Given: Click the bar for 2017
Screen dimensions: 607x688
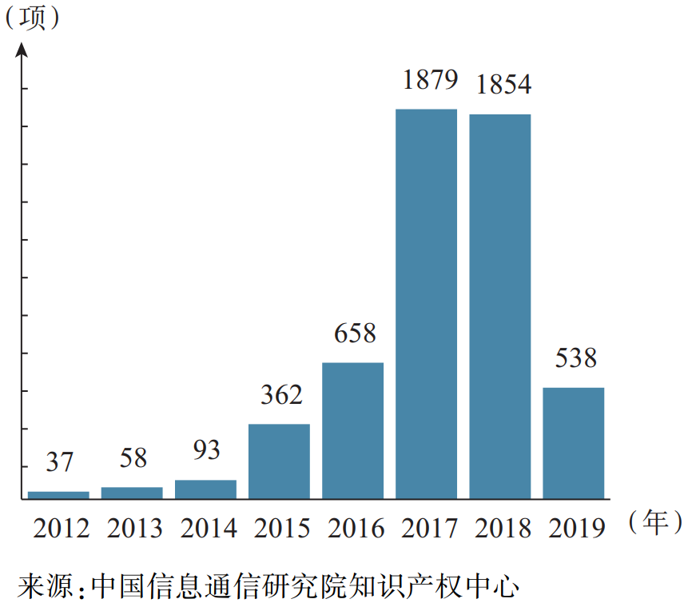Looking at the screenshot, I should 426,304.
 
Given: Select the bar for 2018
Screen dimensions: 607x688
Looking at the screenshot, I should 499,306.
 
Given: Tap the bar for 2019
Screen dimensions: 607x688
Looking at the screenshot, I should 573,443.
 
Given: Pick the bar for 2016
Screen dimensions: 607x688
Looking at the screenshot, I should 352,430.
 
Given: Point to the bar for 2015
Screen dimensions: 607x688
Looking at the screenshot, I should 279,461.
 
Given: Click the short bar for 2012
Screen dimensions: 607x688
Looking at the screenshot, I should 58,495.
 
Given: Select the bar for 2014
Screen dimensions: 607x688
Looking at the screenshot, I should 205,489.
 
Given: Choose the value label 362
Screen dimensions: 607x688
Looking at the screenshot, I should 281,395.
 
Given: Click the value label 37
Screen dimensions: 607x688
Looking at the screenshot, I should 59,462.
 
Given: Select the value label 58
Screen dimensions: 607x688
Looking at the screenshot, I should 133,458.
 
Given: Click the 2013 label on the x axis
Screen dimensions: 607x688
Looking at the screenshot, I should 134,529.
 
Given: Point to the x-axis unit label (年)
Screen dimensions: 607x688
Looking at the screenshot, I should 654,523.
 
